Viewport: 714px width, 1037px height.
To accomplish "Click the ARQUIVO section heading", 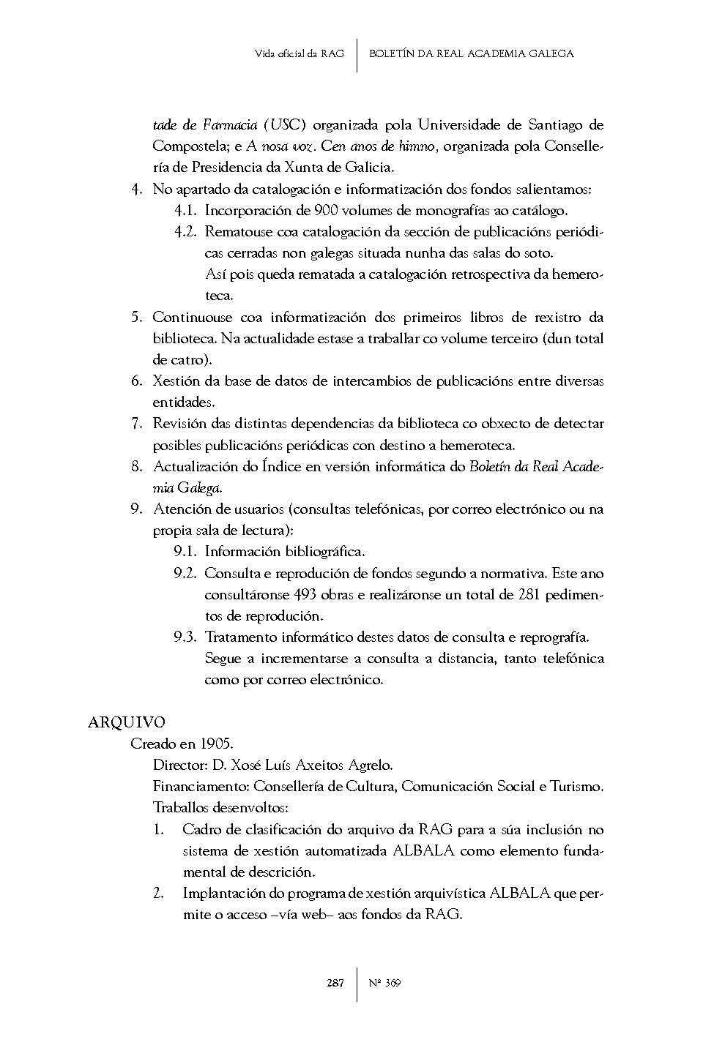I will (126, 722).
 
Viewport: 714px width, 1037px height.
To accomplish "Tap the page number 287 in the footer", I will (335, 983).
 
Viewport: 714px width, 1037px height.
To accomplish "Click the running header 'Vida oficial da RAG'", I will (300, 53).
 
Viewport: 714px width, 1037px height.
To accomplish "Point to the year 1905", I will (216, 744).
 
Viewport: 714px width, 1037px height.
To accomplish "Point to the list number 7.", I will (136, 423).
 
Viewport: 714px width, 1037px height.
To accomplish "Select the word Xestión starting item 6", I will (176, 381).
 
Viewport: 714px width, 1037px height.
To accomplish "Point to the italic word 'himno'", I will (419, 146).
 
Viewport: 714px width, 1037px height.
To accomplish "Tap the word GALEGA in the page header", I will (550, 53).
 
